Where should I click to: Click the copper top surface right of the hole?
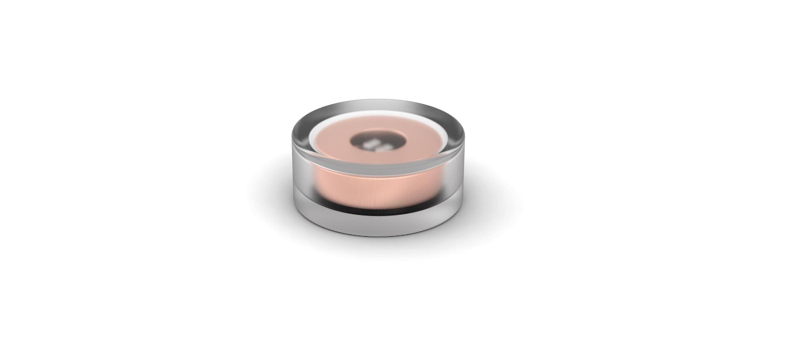coord(423,140)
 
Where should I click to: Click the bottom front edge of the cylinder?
coord(377,234)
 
